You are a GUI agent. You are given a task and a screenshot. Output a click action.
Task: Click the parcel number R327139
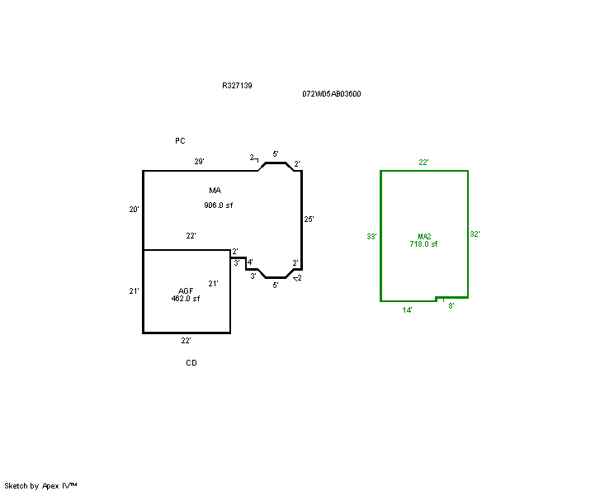pyautogui.click(x=237, y=85)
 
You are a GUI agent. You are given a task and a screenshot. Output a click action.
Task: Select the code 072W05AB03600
pyautogui.click(x=331, y=93)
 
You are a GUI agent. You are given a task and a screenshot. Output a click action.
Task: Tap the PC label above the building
pyautogui.click(x=180, y=140)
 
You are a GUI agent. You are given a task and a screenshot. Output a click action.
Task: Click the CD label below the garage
pyautogui.click(x=191, y=362)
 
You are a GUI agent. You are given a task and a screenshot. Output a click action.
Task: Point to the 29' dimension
pyautogui.click(x=200, y=161)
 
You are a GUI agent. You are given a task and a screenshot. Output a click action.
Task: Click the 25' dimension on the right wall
pyautogui.click(x=309, y=220)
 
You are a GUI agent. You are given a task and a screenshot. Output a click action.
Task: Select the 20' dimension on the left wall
pyautogui.click(x=134, y=210)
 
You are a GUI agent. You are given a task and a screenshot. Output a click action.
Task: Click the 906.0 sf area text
pyautogui.click(x=219, y=205)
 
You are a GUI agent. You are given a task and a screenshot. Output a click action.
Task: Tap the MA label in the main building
pyautogui.click(x=215, y=191)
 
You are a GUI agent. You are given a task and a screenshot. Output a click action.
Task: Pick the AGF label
pyautogui.click(x=186, y=291)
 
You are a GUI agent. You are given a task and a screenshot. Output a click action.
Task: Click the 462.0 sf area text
pyautogui.click(x=186, y=299)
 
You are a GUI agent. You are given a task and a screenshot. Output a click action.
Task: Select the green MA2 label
pyautogui.click(x=424, y=237)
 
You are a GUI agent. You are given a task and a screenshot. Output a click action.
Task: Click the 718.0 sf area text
pyautogui.click(x=423, y=244)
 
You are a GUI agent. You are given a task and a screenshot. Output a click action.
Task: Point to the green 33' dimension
pyautogui.click(x=371, y=237)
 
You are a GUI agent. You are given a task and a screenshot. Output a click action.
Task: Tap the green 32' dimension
pyautogui.click(x=475, y=234)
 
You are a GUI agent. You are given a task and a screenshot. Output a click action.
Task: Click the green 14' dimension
pyautogui.click(x=407, y=310)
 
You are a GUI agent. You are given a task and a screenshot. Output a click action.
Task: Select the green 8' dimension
pyautogui.click(x=451, y=306)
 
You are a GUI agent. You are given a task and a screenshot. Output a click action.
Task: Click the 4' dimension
pyautogui.click(x=250, y=262)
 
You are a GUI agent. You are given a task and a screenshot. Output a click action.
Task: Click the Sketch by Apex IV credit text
pyautogui.click(x=40, y=486)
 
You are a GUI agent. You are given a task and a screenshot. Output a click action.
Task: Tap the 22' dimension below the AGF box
pyautogui.click(x=186, y=341)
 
